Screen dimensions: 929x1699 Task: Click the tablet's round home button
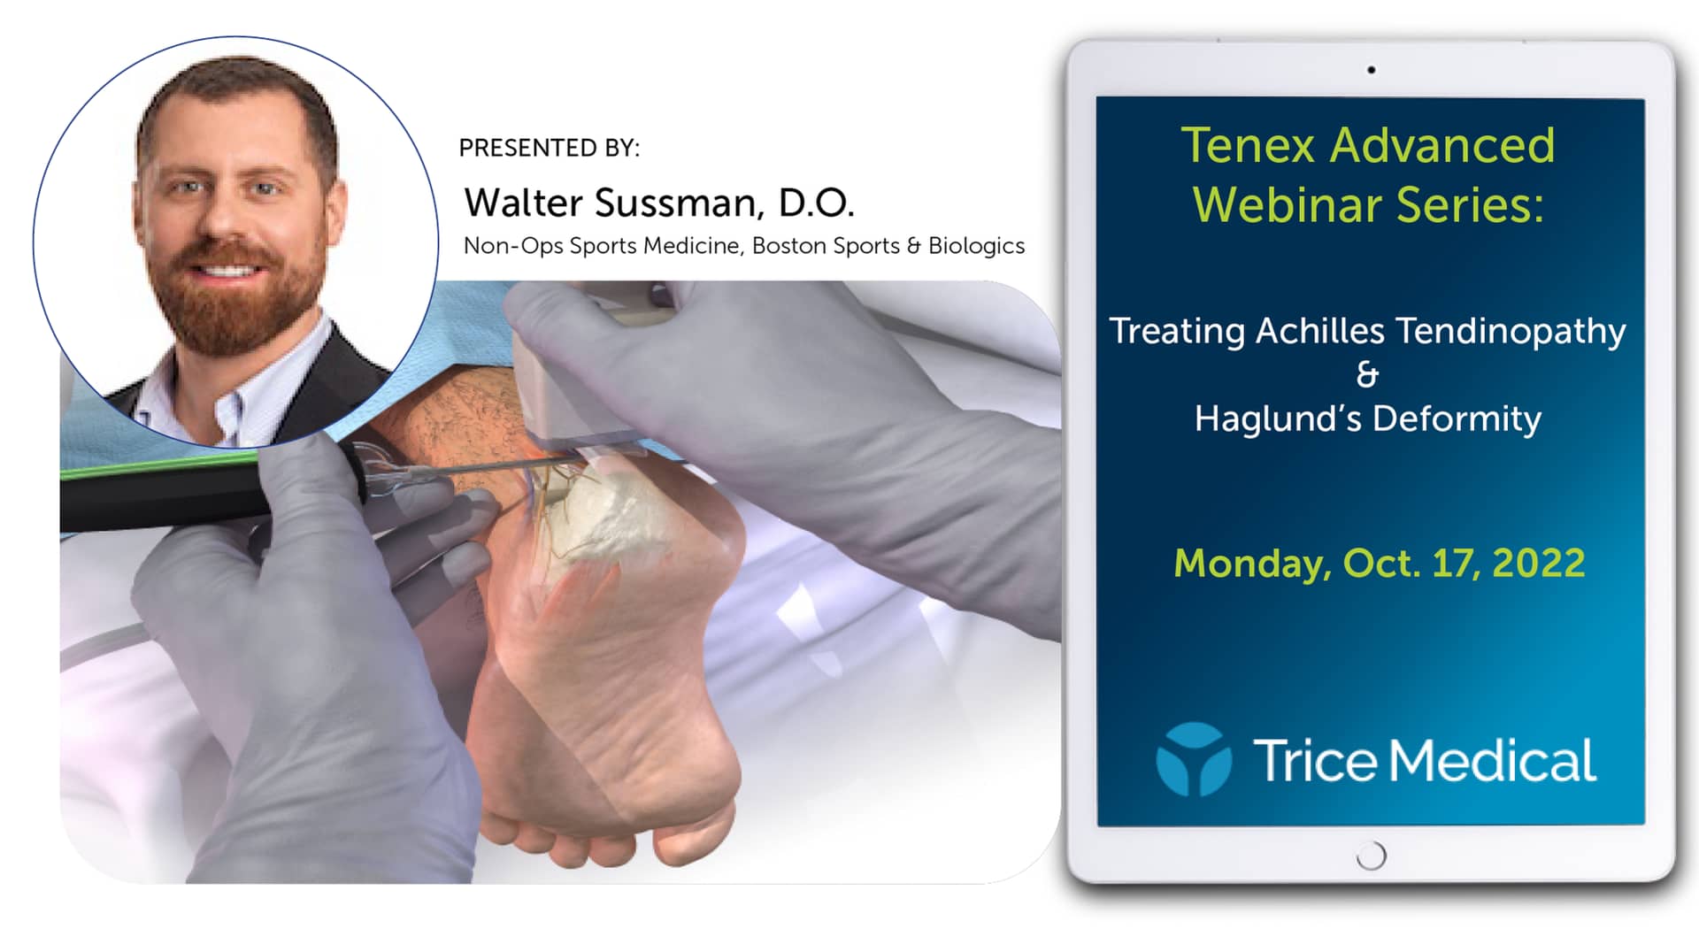point(1371,856)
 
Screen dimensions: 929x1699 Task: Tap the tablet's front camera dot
point(1371,70)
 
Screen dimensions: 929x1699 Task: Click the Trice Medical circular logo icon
point(1194,759)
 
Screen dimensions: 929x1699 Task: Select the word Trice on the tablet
point(1315,761)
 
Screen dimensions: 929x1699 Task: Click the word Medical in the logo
point(1493,761)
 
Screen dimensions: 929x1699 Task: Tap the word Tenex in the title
point(1248,145)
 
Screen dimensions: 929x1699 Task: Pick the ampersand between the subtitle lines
point(1367,374)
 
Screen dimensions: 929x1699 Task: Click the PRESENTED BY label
point(549,148)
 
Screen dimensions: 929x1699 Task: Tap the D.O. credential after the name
point(816,203)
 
